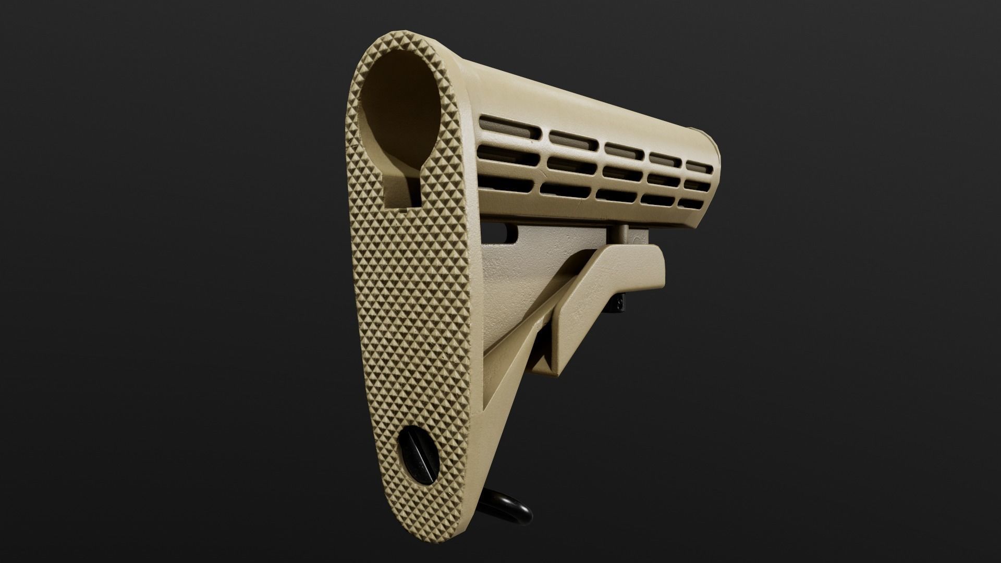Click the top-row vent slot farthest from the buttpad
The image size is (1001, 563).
699,165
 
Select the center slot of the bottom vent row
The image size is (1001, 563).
617,194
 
